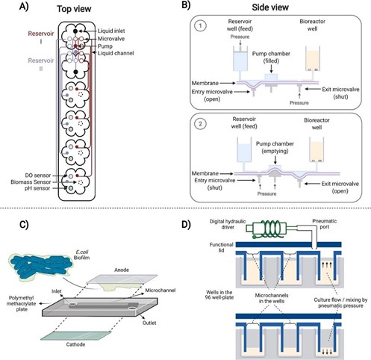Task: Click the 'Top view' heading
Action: (x=74, y=9)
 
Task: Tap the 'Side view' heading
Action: (x=270, y=7)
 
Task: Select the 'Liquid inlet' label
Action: (x=111, y=31)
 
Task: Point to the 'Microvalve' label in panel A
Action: (x=111, y=39)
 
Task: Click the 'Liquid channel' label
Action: (x=116, y=53)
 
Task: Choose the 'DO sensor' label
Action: (x=38, y=176)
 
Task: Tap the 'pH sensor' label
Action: (x=37, y=188)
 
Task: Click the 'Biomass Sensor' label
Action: (x=31, y=182)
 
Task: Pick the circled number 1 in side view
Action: (x=201, y=25)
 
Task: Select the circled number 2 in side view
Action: (x=201, y=123)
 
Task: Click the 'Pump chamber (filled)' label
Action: (x=271, y=57)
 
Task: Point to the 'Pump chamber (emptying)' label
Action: (x=275, y=147)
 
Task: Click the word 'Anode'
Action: (x=122, y=270)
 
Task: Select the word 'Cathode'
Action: (x=75, y=344)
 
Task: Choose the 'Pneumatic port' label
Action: (x=325, y=224)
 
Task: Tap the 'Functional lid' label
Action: (x=221, y=247)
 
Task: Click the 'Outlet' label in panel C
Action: (x=149, y=323)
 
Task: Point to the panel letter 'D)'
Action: (x=186, y=224)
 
